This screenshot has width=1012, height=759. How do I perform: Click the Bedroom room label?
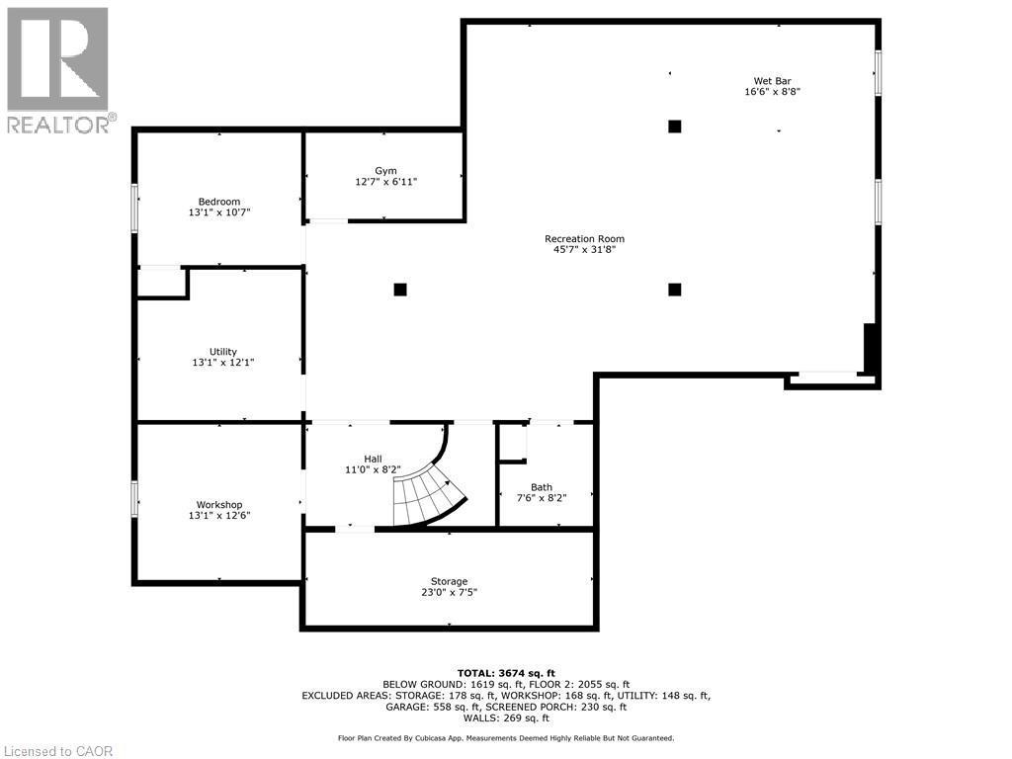pyautogui.click(x=219, y=202)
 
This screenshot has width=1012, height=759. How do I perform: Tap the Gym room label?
pyautogui.click(x=385, y=171)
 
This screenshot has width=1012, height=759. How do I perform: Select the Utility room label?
pyautogui.click(x=223, y=352)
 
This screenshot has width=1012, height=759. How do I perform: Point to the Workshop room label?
pyautogui.click(x=219, y=505)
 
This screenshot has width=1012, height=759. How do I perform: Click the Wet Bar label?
pyautogui.click(x=772, y=81)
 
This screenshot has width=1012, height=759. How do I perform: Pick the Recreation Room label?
pyautogui.click(x=584, y=238)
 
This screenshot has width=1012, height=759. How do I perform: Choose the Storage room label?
pyautogui.click(x=449, y=581)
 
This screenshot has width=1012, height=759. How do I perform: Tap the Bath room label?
pyautogui.click(x=542, y=486)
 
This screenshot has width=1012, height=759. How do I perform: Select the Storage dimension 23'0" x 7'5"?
pyautogui.click(x=449, y=593)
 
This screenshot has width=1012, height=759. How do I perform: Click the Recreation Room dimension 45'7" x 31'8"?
pyautogui.click(x=584, y=249)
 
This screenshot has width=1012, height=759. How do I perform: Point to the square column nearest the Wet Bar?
pyautogui.click(x=675, y=126)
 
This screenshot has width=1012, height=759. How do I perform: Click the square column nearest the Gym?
pyautogui.click(x=400, y=290)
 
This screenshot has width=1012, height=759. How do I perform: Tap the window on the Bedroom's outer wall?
pyautogui.click(x=135, y=209)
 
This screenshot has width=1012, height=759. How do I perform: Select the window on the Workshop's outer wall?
pyautogui.click(x=135, y=498)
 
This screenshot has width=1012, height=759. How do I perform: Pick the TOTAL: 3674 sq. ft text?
pyautogui.click(x=513, y=673)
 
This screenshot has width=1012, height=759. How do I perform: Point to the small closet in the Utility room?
pyautogui.click(x=161, y=283)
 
